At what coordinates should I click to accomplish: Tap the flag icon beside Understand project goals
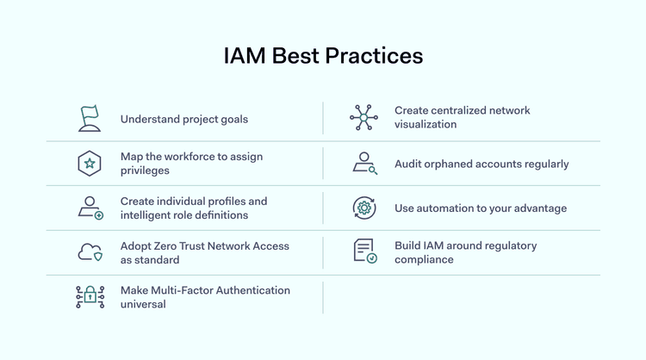[x=90, y=119]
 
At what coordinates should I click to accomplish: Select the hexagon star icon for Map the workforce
[x=90, y=164]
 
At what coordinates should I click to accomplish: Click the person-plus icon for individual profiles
[x=90, y=208]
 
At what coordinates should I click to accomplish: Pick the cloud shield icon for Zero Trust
[x=90, y=252]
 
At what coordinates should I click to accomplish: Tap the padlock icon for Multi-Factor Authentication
[x=90, y=297]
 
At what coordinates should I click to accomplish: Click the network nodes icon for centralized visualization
[x=364, y=118]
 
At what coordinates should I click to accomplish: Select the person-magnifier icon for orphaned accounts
[x=364, y=164]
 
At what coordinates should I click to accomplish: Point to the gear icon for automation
[x=364, y=208]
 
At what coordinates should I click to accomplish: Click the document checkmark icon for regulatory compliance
[x=364, y=251]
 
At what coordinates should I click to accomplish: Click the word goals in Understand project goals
[x=232, y=120]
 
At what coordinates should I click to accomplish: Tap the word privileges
[x=146, y=171]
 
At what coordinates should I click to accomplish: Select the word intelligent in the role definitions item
[x=146, y=215]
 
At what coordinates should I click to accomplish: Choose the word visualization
[x=425, y=125]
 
